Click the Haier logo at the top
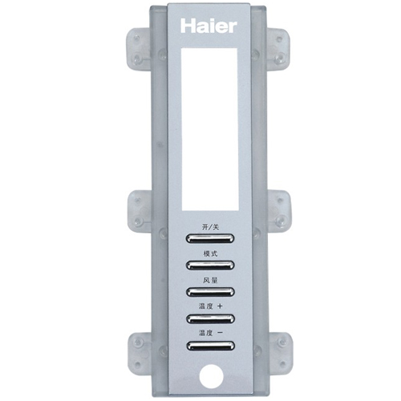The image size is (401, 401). pyautogui.click(x=209, y=26)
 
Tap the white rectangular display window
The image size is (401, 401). pyautogui.click(x=210, y=129)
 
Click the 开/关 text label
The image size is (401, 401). pyautogui.click(x=210, y=227)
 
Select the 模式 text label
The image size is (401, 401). pyautogui.click(x=210, y=253)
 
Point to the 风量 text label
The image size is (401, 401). pyautogui.click(x=210, y=280)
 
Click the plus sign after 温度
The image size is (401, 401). pyautogui.click(x=220, y=306)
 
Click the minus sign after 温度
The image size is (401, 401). pyautogui.click(x=220, y=333)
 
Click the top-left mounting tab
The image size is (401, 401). pyautogui.click(x=140, y=50)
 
